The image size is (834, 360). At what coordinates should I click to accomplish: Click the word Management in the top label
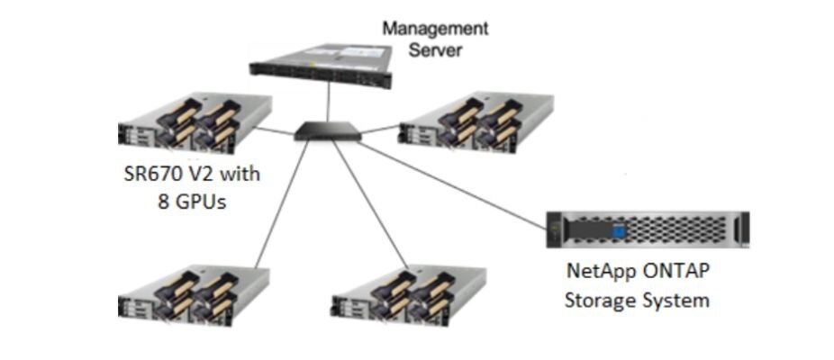435,28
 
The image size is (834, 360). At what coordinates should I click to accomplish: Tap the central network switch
327,133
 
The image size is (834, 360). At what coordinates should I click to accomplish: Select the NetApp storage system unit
647,229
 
